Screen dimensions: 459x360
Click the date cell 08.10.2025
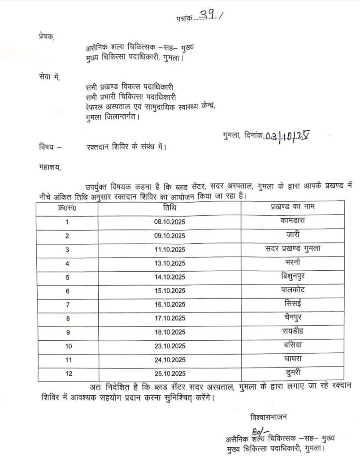pyautogui.click(x=173, y=222)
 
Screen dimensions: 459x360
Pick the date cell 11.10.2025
pyautogui.click(x=173, y=250)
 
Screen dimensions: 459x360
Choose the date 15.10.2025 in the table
pyautogui.click(x=173, y=291)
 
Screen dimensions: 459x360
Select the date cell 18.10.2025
pyautogui.click(x=173, y=333)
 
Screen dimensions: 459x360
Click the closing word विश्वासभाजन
pyautogui.click(x=269, y=417)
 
